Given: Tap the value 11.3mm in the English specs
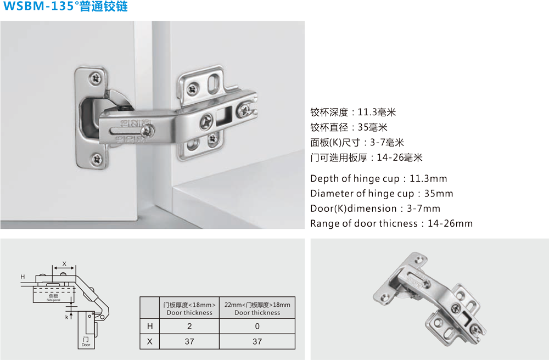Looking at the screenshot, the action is [428, 178].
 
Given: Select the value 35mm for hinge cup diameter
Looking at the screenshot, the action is [439, 194].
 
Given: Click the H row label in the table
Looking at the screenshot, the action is [150, 326].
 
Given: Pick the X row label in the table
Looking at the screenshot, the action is [150, 341].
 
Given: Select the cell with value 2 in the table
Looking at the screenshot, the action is [189, 326].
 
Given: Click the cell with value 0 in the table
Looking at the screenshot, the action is [257, 326].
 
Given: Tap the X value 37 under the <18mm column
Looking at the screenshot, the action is [189, 341].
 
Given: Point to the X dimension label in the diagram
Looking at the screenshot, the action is [64, 264].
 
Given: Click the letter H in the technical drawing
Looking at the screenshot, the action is [23, 277].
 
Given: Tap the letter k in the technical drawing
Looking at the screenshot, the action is [66, 317].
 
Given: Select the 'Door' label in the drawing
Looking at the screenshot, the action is [86, 345].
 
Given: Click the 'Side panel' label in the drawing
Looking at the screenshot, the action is [53, 300].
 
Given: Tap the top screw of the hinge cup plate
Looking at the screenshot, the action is [96, 78].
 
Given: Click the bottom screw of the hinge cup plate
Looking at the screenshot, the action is [97, 160].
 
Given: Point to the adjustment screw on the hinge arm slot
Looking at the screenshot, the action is [148, 131].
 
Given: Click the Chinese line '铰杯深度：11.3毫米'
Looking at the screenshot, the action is [353, 113].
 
